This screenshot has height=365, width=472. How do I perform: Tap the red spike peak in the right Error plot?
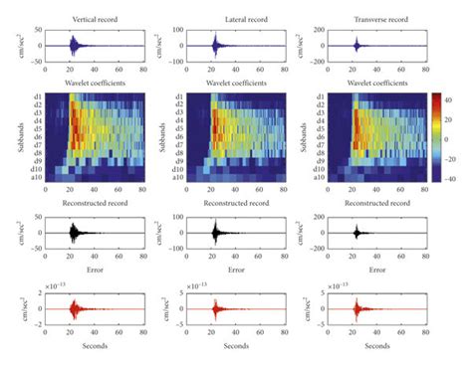coord(356,295)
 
